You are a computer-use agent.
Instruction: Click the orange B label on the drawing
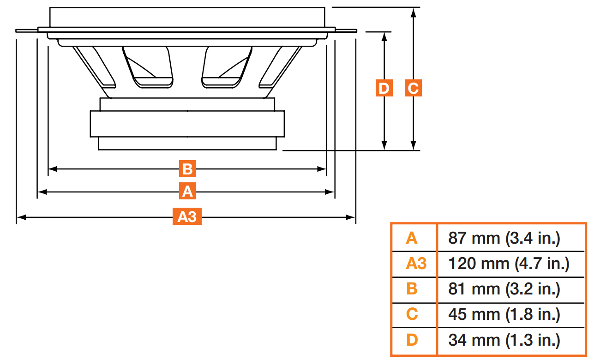[x=187, y=169]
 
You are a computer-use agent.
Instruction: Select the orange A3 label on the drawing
[x=187, y=216]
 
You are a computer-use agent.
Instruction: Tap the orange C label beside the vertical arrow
[x=413, y=88]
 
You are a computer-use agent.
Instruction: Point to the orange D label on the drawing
[x=384, y=88]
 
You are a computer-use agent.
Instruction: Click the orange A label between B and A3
[x=187, y=191]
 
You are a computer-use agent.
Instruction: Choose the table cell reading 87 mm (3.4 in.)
[x=504, y=238]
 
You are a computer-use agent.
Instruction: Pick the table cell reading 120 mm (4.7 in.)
[x=509, y=264]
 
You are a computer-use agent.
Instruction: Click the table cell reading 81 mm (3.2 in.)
[x=504, y=289]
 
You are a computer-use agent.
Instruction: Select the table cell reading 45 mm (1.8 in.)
[x=504, y=315]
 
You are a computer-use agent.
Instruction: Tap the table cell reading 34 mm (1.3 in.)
[x=504, y=341]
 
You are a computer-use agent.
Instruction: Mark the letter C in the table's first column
[x=412, y=315]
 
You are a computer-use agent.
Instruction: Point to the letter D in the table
[x=412, y=341]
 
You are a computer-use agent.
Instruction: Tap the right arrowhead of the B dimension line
[x=323, y=169]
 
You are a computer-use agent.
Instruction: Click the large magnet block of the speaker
[x=187, y=123]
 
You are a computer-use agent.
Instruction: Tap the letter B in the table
[x=412, y=289]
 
